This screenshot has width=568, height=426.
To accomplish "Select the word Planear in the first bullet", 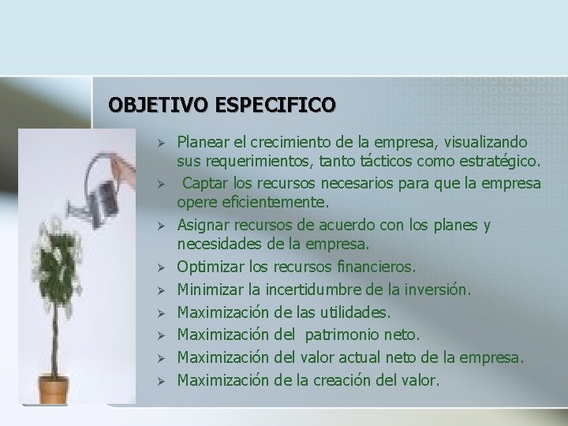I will [202, 143].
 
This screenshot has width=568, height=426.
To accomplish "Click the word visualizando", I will [487, 143].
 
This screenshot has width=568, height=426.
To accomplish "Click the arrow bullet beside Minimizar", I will [159, 290].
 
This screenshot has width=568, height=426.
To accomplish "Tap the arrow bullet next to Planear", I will [159, 144].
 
